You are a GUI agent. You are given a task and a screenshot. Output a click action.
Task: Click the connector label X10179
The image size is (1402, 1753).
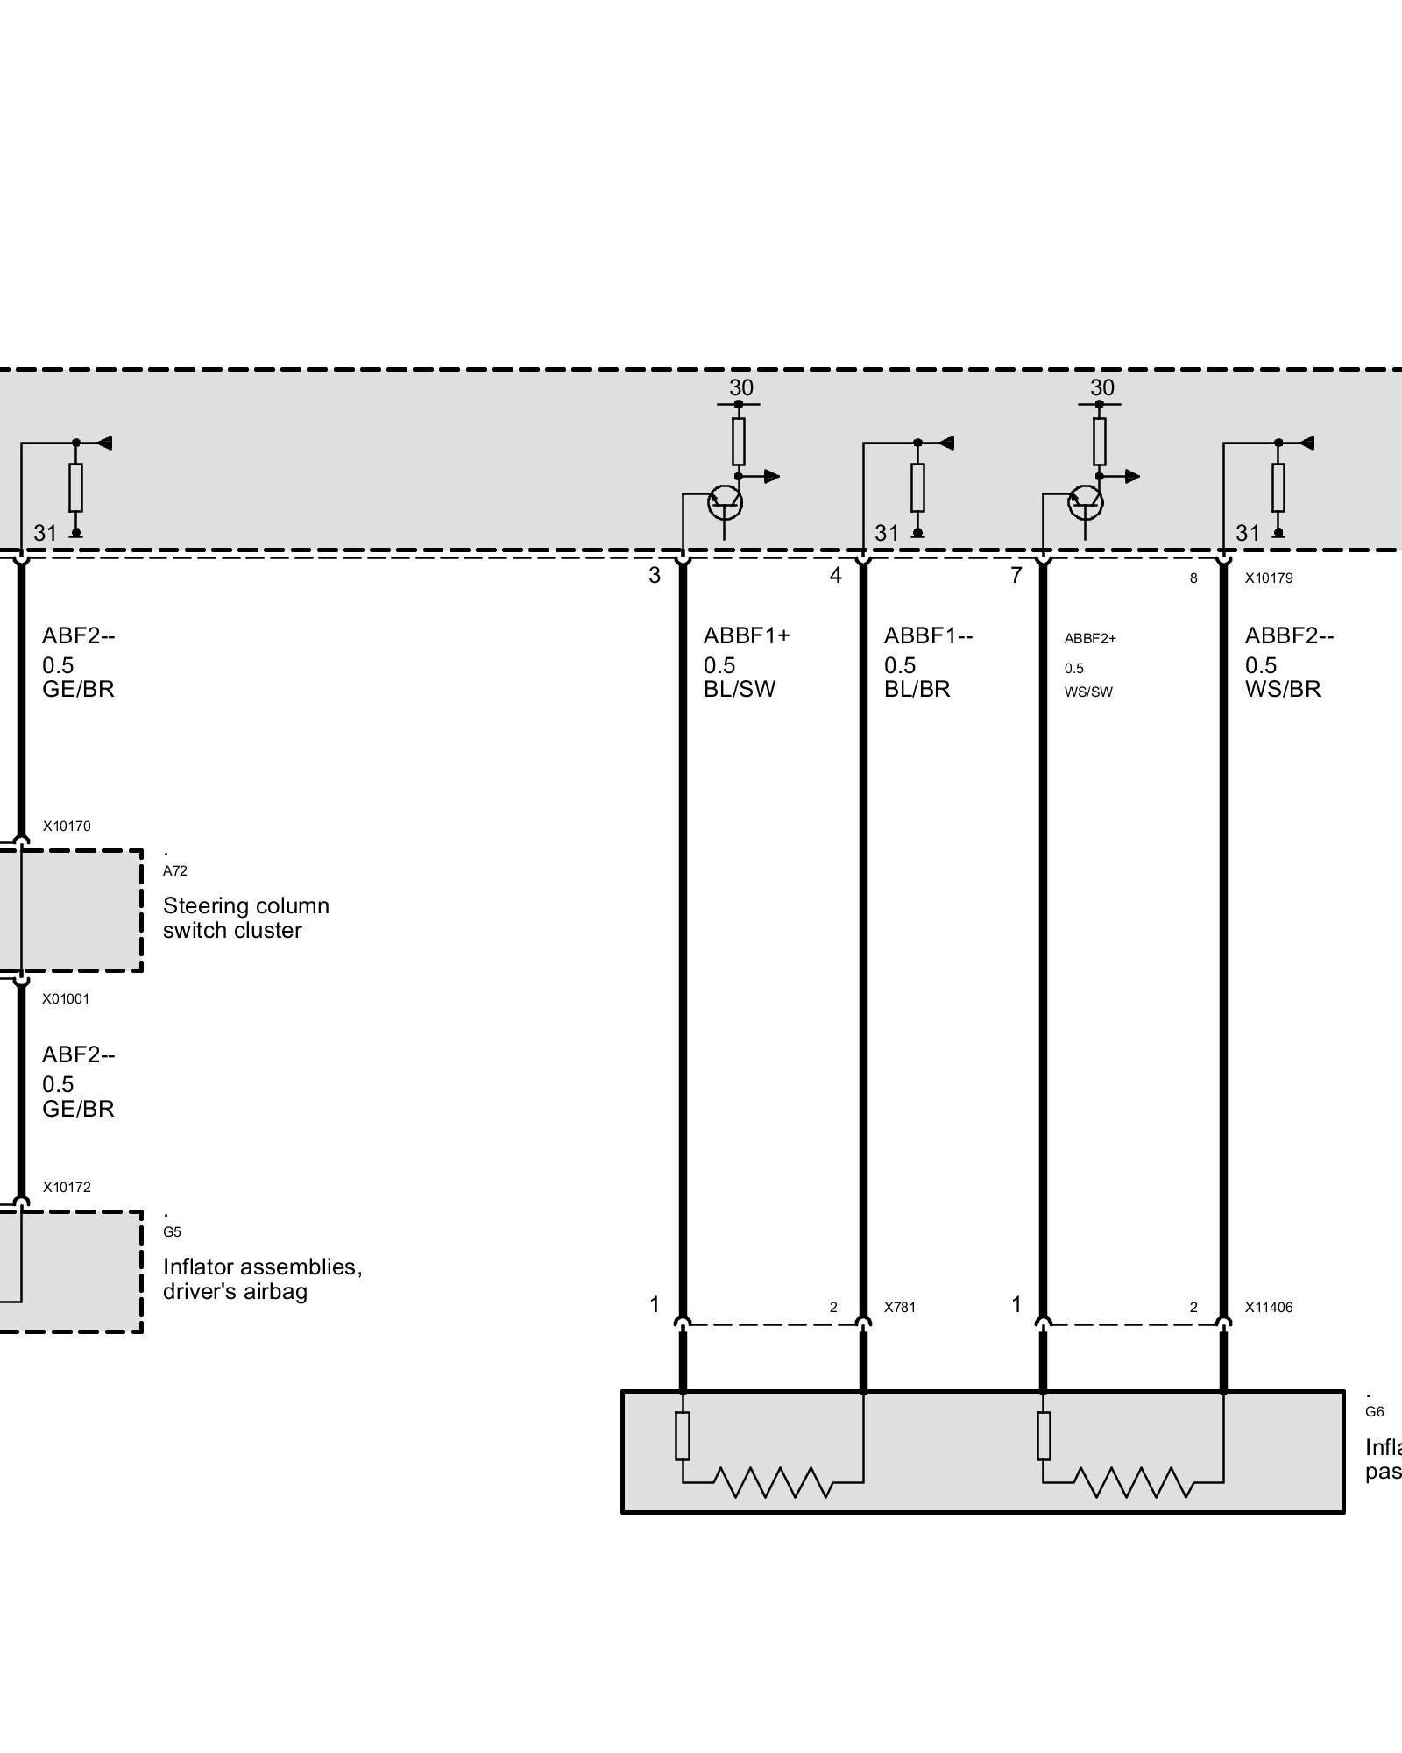pos(1269,578)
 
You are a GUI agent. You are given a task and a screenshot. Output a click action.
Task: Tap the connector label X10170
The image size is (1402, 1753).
pos(67,826)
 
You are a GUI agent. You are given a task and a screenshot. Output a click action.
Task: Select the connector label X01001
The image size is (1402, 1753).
pos(67,998)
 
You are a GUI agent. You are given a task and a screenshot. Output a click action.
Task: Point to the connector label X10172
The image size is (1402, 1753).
pos(67,1187)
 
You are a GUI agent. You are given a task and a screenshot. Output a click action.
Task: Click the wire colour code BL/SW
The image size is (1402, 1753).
pos(740,689)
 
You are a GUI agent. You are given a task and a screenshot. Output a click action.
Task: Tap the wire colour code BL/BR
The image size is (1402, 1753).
pos(917,689)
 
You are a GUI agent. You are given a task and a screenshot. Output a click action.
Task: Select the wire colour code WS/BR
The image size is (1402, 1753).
pos(1283,689)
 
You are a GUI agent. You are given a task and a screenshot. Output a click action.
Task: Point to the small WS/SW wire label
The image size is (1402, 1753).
pos(1088,692)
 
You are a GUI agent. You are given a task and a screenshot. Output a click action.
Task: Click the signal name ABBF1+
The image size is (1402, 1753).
pos(747,635)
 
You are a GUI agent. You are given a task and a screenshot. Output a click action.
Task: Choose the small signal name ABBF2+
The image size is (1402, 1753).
pos(1090,639)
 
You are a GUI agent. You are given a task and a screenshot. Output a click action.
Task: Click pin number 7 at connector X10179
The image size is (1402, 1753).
pos(1016,576)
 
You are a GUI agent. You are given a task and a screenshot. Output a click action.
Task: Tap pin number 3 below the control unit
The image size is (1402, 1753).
pos(655,576)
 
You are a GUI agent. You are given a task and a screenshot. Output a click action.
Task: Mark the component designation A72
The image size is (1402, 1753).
pos(175,870)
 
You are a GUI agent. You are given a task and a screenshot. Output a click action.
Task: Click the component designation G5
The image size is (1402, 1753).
pos(172,1231)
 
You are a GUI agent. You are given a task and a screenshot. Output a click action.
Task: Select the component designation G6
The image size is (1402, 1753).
pos(1375,1412)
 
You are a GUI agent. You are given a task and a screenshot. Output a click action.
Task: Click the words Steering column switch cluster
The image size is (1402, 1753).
pos(245,918)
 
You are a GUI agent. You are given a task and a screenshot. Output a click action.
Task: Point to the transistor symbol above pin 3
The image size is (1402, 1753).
pos(725,502)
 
